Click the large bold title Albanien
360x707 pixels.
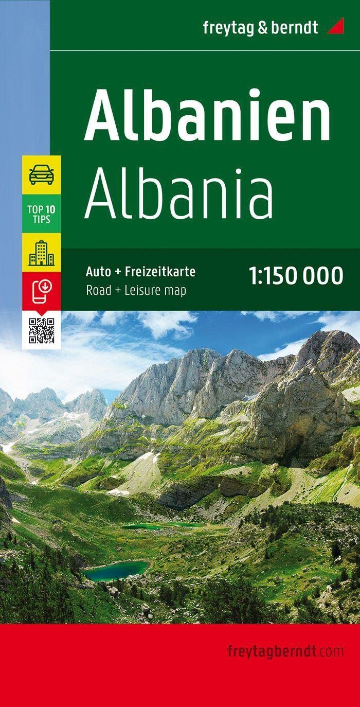[207, 116]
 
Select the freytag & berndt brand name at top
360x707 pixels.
[260, 27]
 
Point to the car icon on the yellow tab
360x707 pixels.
[42, 175]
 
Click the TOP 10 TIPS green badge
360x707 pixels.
[42, 214]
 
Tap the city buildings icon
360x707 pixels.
[42, 253]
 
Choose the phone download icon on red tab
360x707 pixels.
[42, 291]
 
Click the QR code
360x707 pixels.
[42, 330]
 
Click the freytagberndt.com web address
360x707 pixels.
[285, 651]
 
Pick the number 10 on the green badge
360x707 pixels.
[51, 210]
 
